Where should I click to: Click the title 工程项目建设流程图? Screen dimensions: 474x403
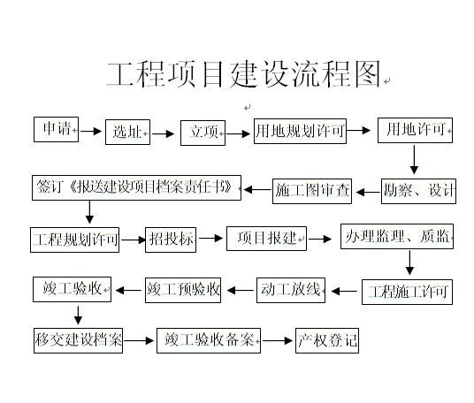click(243, 74)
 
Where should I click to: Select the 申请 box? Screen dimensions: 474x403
click(57, 129)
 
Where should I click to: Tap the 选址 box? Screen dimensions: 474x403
click(127, 132)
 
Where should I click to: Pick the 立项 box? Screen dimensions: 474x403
click(203, 133)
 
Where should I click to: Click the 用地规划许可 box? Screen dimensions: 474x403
click(300, 131)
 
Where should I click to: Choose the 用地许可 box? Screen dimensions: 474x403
click(415, 130)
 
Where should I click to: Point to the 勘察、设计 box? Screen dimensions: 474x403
click(418, 191)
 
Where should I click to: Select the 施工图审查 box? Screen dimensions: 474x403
click(312, 191)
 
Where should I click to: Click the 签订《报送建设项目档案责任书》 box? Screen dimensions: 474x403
click(137, 187)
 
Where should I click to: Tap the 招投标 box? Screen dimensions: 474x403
click(171, 240)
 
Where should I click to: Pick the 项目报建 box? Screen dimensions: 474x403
click(267, 239)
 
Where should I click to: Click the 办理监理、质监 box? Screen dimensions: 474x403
click(397, 236)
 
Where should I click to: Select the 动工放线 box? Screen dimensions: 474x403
click(291, 290)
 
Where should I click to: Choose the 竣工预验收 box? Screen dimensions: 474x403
click(183, 290)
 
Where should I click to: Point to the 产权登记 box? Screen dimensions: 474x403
click(327, 340)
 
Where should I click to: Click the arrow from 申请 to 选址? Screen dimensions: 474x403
click(91, 131)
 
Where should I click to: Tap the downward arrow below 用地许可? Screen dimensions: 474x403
click(414, 160)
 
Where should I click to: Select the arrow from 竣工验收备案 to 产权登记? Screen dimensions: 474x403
click(278, 341)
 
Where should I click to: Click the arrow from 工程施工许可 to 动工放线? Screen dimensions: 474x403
click(344, 292)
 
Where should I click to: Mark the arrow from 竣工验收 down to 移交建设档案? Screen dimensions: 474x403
click(79, 316)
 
